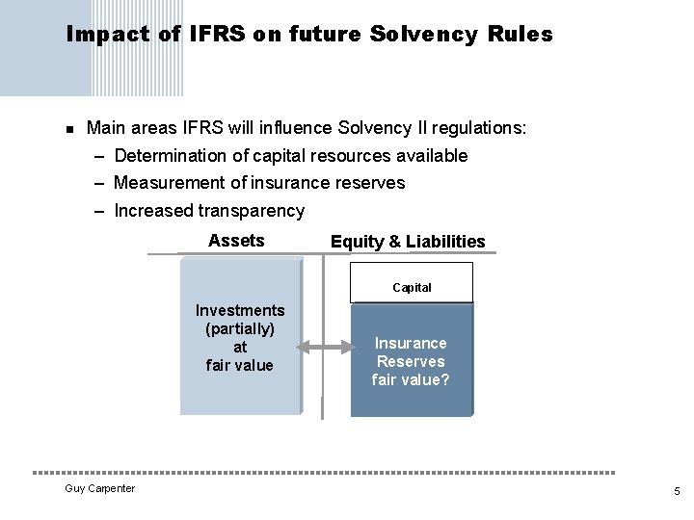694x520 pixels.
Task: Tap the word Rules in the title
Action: click(x=521, y=36)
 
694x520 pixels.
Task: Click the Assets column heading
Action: click(x=236, y=241)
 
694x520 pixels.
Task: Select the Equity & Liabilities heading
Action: click(x=408, y=242)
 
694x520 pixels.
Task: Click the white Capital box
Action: click(x=412, y=287)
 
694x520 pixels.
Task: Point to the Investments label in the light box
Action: click(x=240, y=310)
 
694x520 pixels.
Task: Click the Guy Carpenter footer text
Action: click(x=99, y=489)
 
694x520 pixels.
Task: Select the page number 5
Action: click(x=677, y=491)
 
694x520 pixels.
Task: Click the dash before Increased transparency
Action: click(x=100, y=210)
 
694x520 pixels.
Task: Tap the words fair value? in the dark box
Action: click(x=411, y=379)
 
